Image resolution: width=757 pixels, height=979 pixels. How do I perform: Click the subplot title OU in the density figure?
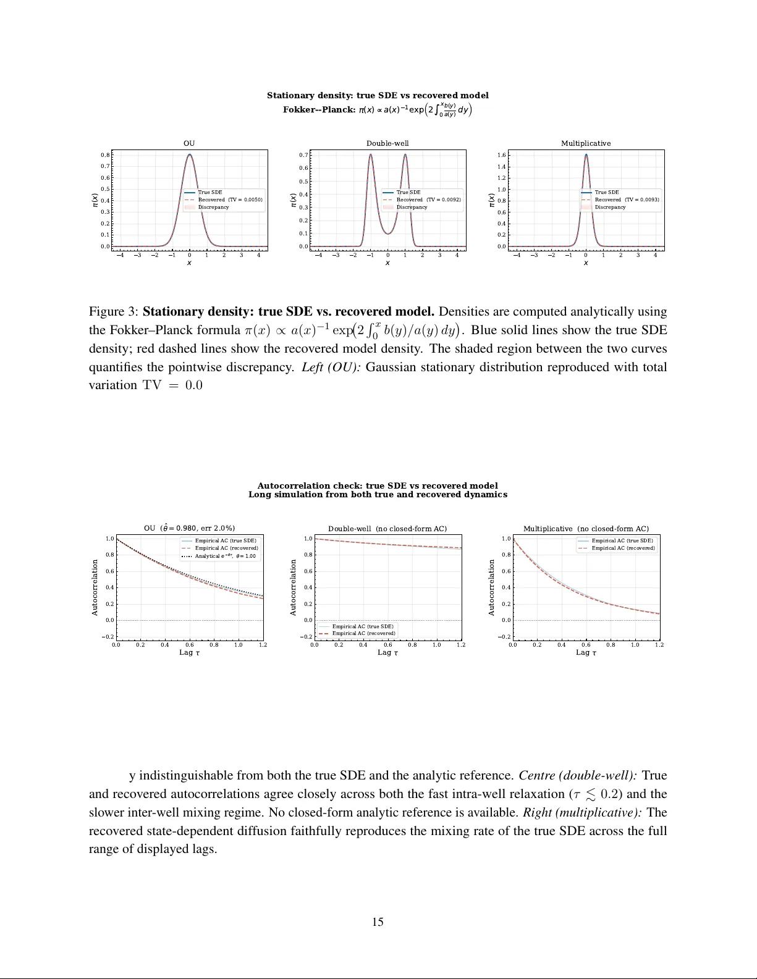189,143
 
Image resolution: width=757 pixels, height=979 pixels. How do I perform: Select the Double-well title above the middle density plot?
387,143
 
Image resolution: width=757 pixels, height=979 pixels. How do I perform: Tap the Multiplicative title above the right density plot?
586,143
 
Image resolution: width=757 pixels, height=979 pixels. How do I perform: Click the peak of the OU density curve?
190,154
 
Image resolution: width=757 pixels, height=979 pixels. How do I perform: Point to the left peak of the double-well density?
371,154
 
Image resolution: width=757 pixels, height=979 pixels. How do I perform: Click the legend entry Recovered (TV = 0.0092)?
428,200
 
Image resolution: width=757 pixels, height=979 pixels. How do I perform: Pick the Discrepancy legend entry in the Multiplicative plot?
610,207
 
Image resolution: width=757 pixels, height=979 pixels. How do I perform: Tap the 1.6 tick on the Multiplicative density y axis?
501,155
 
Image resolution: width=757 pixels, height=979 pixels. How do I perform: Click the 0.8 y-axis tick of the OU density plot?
106,155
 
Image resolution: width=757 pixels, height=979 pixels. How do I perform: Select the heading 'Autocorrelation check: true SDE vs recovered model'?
378,485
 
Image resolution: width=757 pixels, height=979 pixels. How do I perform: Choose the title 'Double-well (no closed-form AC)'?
387,529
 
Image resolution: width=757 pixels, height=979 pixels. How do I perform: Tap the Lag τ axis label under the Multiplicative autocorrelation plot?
586,652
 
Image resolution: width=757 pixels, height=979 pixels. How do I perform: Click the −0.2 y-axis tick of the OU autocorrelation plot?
108,637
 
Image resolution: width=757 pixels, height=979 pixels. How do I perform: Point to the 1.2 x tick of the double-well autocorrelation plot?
461,645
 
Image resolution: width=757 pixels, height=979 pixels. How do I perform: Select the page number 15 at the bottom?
378,922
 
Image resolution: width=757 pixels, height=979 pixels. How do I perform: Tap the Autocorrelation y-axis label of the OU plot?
95,587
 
